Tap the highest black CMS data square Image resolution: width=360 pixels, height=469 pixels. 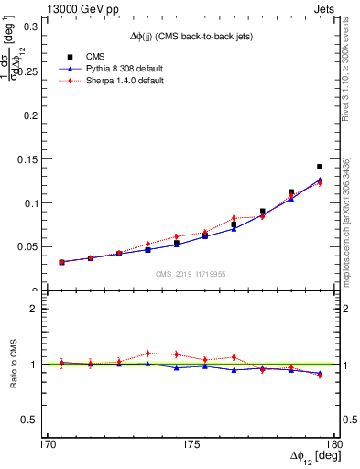point(319,167)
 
